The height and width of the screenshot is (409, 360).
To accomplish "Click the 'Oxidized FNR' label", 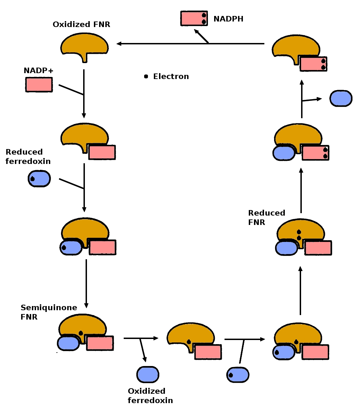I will click(81, 25).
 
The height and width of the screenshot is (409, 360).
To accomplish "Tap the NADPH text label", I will click(228, 19).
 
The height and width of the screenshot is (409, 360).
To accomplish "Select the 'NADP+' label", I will click(38, 71).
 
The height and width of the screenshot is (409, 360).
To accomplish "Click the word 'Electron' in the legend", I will click(171, 76).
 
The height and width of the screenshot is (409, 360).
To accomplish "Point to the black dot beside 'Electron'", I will click(146, 76).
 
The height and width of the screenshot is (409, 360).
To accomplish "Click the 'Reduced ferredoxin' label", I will click(28, 157).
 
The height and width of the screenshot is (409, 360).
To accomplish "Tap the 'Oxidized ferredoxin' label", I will click(150, 396).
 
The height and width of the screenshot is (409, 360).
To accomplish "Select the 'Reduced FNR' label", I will click(266, 218).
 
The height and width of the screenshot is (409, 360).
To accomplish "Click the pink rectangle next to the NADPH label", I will click(194, 19).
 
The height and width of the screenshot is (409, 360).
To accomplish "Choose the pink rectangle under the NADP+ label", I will click(39, 85).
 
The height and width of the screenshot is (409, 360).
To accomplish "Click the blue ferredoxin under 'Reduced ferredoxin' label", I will click(39, 179).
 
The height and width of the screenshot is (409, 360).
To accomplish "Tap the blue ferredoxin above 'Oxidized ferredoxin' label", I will click(148, 374).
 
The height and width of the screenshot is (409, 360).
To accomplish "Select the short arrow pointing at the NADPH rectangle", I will click(201, 36).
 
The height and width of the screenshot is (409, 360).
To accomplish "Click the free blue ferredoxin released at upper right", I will click(341, 98).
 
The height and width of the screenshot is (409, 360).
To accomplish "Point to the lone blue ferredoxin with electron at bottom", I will click(238, 375).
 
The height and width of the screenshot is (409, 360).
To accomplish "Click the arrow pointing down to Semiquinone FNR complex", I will click(86, 283).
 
